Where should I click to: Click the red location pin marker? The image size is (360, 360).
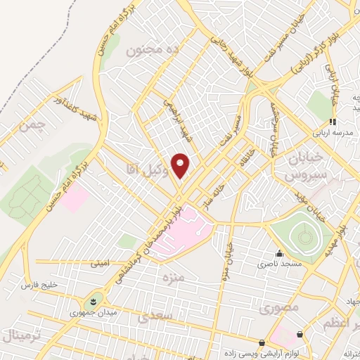[181, 165]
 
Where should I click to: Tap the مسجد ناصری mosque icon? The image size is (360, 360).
[280, 253]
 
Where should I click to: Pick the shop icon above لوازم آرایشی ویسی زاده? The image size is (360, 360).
[262, 343]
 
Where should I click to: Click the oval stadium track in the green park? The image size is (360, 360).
[304, 238]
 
